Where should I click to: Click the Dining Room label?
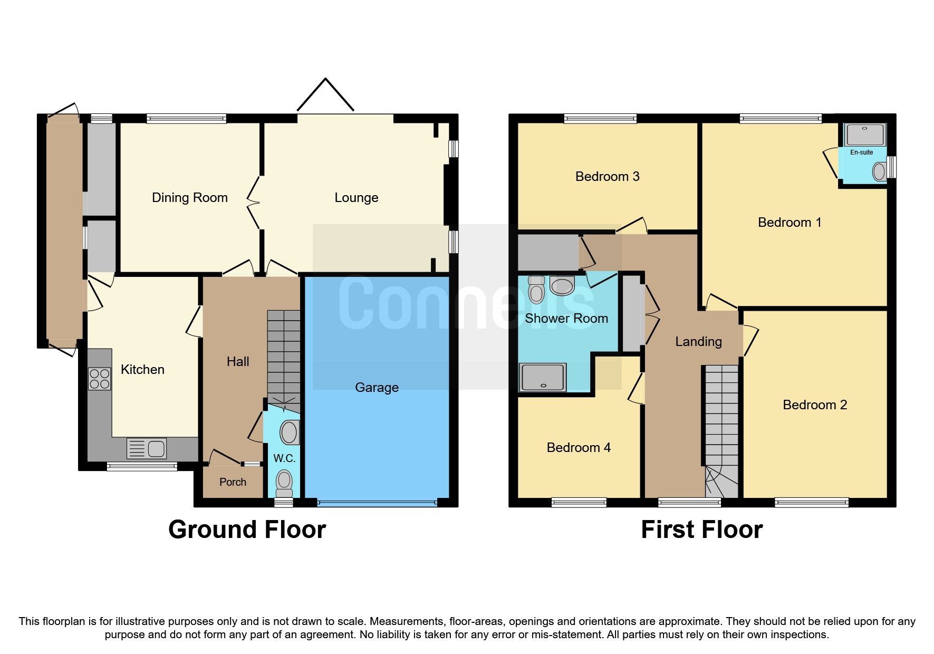[x=189, y=198]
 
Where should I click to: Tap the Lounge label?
[x=356, y=198]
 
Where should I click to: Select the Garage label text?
[x=377, y=388]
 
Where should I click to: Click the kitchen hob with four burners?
[x=100, y=379]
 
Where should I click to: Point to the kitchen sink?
[x=147, y=449]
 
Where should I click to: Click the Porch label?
[x=233, y=482]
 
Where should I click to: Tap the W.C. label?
[x=284, y=459]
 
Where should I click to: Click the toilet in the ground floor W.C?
[x=284, y=481]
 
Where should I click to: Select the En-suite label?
[x=861, y=152]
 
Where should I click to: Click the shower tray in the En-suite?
[x=865, y=135]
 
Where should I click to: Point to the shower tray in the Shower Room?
[x=543, y=377]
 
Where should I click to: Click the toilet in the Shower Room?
[x=536, y=290]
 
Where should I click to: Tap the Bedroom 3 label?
[x=607, y=177]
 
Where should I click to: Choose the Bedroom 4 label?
[x=579, y=448]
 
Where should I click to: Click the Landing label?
[x=698, y=342]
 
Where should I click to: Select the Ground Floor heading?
[x=247, y=530]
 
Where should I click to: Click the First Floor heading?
[x=701, y=530]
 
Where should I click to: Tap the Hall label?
[x=238, y=362]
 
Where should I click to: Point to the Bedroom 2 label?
[x=815, y=405]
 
